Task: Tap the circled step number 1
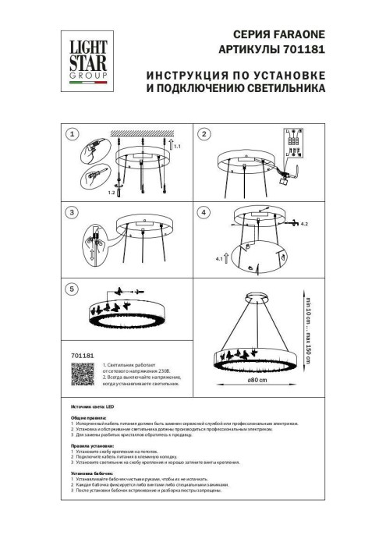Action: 73,135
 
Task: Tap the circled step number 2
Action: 206,135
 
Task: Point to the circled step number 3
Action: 73,213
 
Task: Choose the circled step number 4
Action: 206,213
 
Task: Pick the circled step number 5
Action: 73,289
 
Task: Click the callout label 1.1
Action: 177,146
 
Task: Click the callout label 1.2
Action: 112,191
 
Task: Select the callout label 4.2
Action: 306,224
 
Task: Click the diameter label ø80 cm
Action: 258,381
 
